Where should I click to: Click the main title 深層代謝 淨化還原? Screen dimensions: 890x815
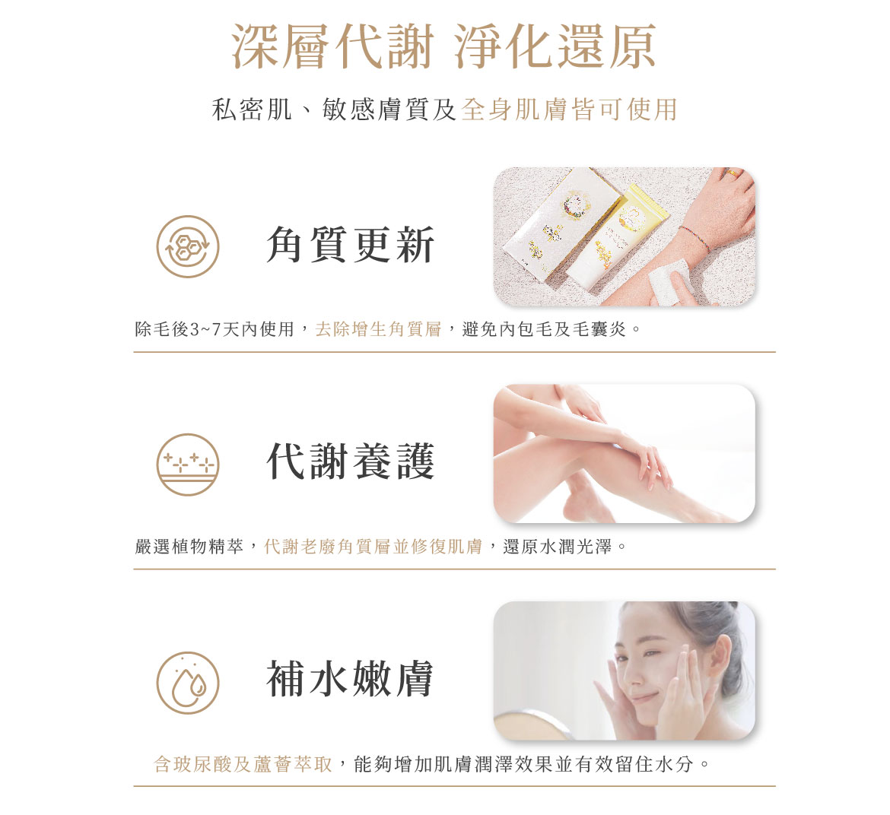444,47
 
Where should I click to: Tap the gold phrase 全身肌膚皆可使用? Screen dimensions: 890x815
570,109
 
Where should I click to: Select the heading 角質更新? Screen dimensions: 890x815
350,245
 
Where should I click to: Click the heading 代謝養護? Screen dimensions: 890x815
350,461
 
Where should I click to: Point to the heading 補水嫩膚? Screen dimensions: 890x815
350,679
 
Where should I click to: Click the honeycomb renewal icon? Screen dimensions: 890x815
188,247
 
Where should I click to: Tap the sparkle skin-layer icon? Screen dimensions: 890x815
188,465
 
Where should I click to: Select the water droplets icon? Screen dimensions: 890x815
188,682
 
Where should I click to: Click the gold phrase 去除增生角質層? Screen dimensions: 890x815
378,329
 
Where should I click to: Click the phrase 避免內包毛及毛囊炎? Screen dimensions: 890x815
544,329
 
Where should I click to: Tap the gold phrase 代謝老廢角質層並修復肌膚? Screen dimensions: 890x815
373,547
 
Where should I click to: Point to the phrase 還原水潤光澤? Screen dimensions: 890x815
558,547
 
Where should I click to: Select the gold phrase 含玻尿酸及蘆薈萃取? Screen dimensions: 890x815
243,764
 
